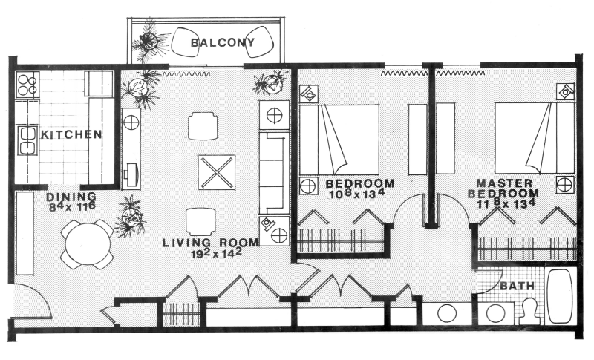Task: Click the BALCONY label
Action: tap(222, 42)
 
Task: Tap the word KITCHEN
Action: tap(71, 134)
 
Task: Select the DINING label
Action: tap(71, 197)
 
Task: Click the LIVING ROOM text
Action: tap(211, 243)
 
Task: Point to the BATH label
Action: tap(517, 287)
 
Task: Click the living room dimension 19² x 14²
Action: tap(217, 253)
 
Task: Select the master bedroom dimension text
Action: tap(503, 204)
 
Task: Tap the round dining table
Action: tap(88, 244)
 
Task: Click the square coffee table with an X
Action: tap(217, 172)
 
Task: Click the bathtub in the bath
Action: tap(561, 296)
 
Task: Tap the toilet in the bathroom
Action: tap(529, 311)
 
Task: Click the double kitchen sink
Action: tap(27, 140)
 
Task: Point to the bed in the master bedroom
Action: tap(535, 138)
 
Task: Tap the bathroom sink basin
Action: tap(495, 313)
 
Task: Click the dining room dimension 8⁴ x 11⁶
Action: tap(72, 206)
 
